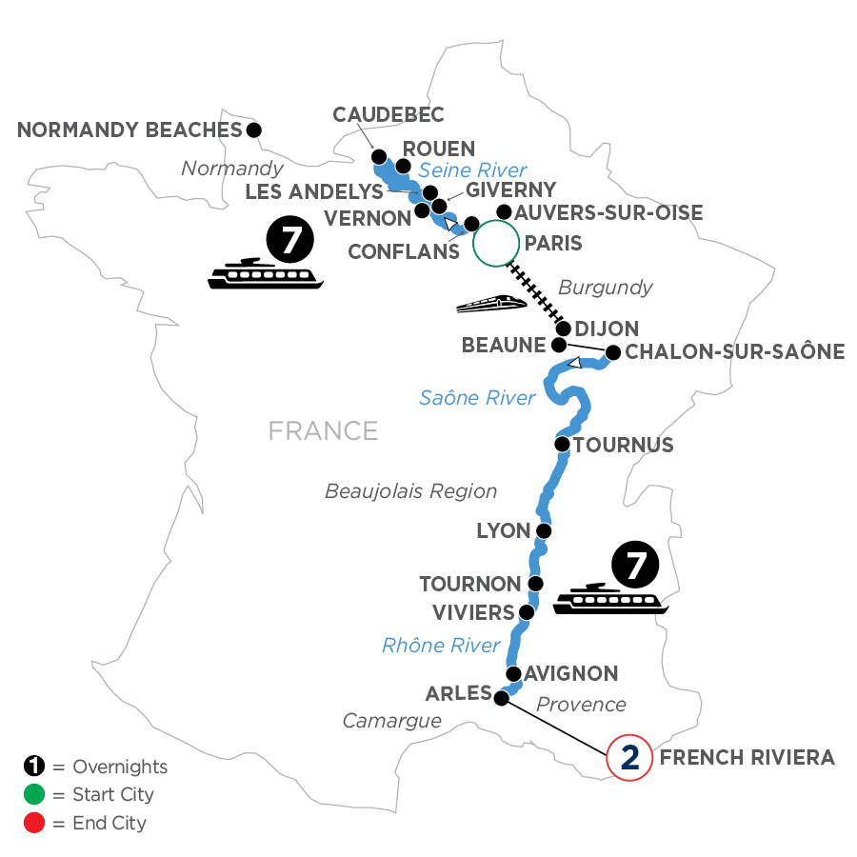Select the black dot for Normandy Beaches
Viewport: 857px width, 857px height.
(x=253, y=130)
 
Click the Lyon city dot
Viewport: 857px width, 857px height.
(x=544, y=530)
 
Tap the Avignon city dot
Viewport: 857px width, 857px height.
(x=514, y=674)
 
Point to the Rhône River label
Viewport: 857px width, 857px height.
(x=441, y=646)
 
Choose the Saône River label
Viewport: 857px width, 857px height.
(x=477, y=398)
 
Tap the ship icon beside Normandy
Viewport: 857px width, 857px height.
(x=266, y=273)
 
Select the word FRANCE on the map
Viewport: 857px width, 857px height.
(x=323, y=430)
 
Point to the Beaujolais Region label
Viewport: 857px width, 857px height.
(x=411, y=491)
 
